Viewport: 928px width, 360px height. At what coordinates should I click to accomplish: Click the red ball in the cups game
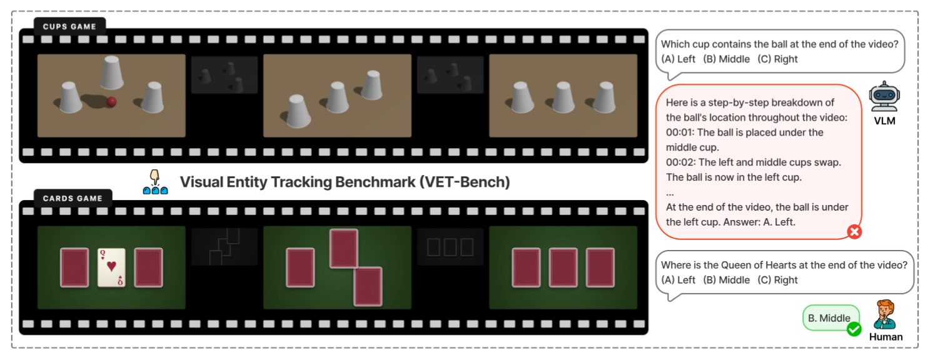pyautogui.click(x=112, y=102)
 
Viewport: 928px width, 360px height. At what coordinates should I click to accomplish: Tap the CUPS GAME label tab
pyautogui.click(x=69, y=26)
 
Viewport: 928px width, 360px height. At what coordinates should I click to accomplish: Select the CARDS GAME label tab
pyautogui.click(x=73, y=198)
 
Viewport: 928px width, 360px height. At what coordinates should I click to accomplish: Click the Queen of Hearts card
pyautogui.click(x=111, y=267)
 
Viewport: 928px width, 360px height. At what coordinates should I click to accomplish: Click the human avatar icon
pyautogui.click(x=885, y=314)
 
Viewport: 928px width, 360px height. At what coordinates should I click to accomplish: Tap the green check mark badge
pyautogui.click(x=854, y=329)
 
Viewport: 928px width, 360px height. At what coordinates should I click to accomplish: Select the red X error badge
pyautogui.click(x=854, y=232)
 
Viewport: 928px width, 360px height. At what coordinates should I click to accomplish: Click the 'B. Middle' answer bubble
pyautogui.click(x=829, y=318)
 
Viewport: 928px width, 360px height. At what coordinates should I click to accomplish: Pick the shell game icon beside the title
pyautogui.click(x=155, y=182)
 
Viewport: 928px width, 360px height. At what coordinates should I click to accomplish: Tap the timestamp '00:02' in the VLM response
pyautogui.click(x=678, y=162)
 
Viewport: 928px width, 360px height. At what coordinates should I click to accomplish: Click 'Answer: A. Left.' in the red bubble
pyautogui.click(x=759, y=222)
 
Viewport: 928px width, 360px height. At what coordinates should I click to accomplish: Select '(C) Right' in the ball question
pyautogui.click(x=777, y=59)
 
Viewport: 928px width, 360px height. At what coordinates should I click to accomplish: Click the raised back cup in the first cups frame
pyautogui.click(x=111, y=72)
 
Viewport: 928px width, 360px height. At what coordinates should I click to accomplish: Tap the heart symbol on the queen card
pyautogui.click(x=111, y=266)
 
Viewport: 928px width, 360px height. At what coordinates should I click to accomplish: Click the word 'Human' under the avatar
pyautogui.click(x=885, y=337)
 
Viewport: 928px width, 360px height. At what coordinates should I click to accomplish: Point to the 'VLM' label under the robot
pyautogui.click(x=884, y=121)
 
